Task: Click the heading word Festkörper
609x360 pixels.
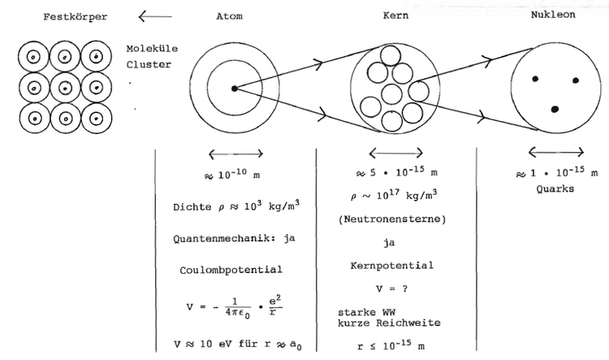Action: (x=75, y=17)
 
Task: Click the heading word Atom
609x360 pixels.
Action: (x=229, y=16)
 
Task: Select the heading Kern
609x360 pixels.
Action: (x=395, y=15)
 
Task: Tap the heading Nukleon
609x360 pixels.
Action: (x=553, y=15)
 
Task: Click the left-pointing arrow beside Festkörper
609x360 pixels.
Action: (x=155, y=16)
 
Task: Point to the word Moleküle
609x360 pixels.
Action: (x=152, y=49)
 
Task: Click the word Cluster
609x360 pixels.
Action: (x=149, y=64)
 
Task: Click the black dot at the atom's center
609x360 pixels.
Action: (x=234, y=89)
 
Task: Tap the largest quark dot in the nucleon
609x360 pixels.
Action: (x=555, y=109)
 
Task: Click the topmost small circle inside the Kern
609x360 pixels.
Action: (x=391, y=55)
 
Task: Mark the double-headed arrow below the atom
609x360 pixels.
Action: (x=235, y=154)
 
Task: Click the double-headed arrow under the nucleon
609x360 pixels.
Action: (x=556, y=152)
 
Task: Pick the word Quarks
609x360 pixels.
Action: (x=555, y=189)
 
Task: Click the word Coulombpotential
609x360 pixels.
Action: (x=231, y=270)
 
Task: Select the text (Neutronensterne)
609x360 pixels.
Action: (x=392, y=219)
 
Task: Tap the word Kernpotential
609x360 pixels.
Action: (x=391, y=266)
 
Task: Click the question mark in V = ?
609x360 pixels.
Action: (x=404, y=288)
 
